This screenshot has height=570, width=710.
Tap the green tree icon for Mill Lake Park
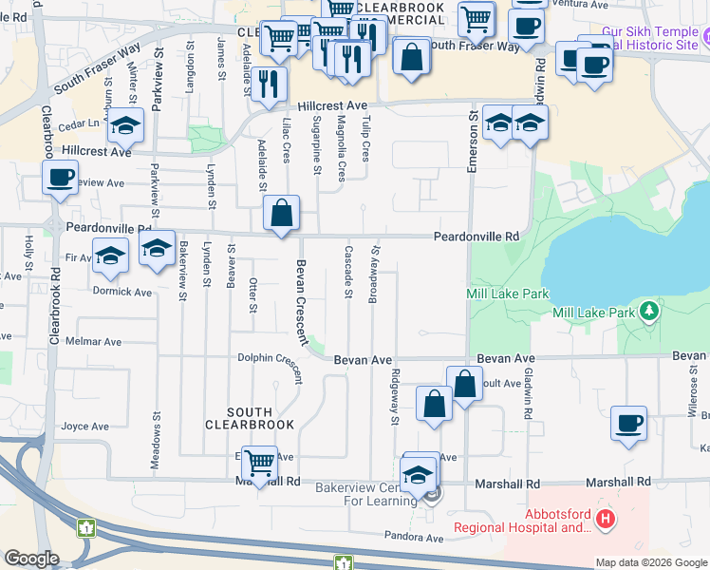[x=648, y=311]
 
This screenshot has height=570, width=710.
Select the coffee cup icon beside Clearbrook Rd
[x=61, y=177]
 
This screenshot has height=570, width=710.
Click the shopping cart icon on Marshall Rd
[x=259, y=464]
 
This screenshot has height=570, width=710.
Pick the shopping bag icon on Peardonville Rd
[x=282, y=213]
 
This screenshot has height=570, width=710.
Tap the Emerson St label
[x=472, y=141]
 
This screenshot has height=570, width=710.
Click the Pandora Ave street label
[x=414, y=538]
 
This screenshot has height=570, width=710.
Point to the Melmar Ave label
[x=93, y=341]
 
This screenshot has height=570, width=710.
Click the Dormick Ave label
[x=123, y=292]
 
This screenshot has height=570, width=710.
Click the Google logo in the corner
[x=31, y=559]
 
